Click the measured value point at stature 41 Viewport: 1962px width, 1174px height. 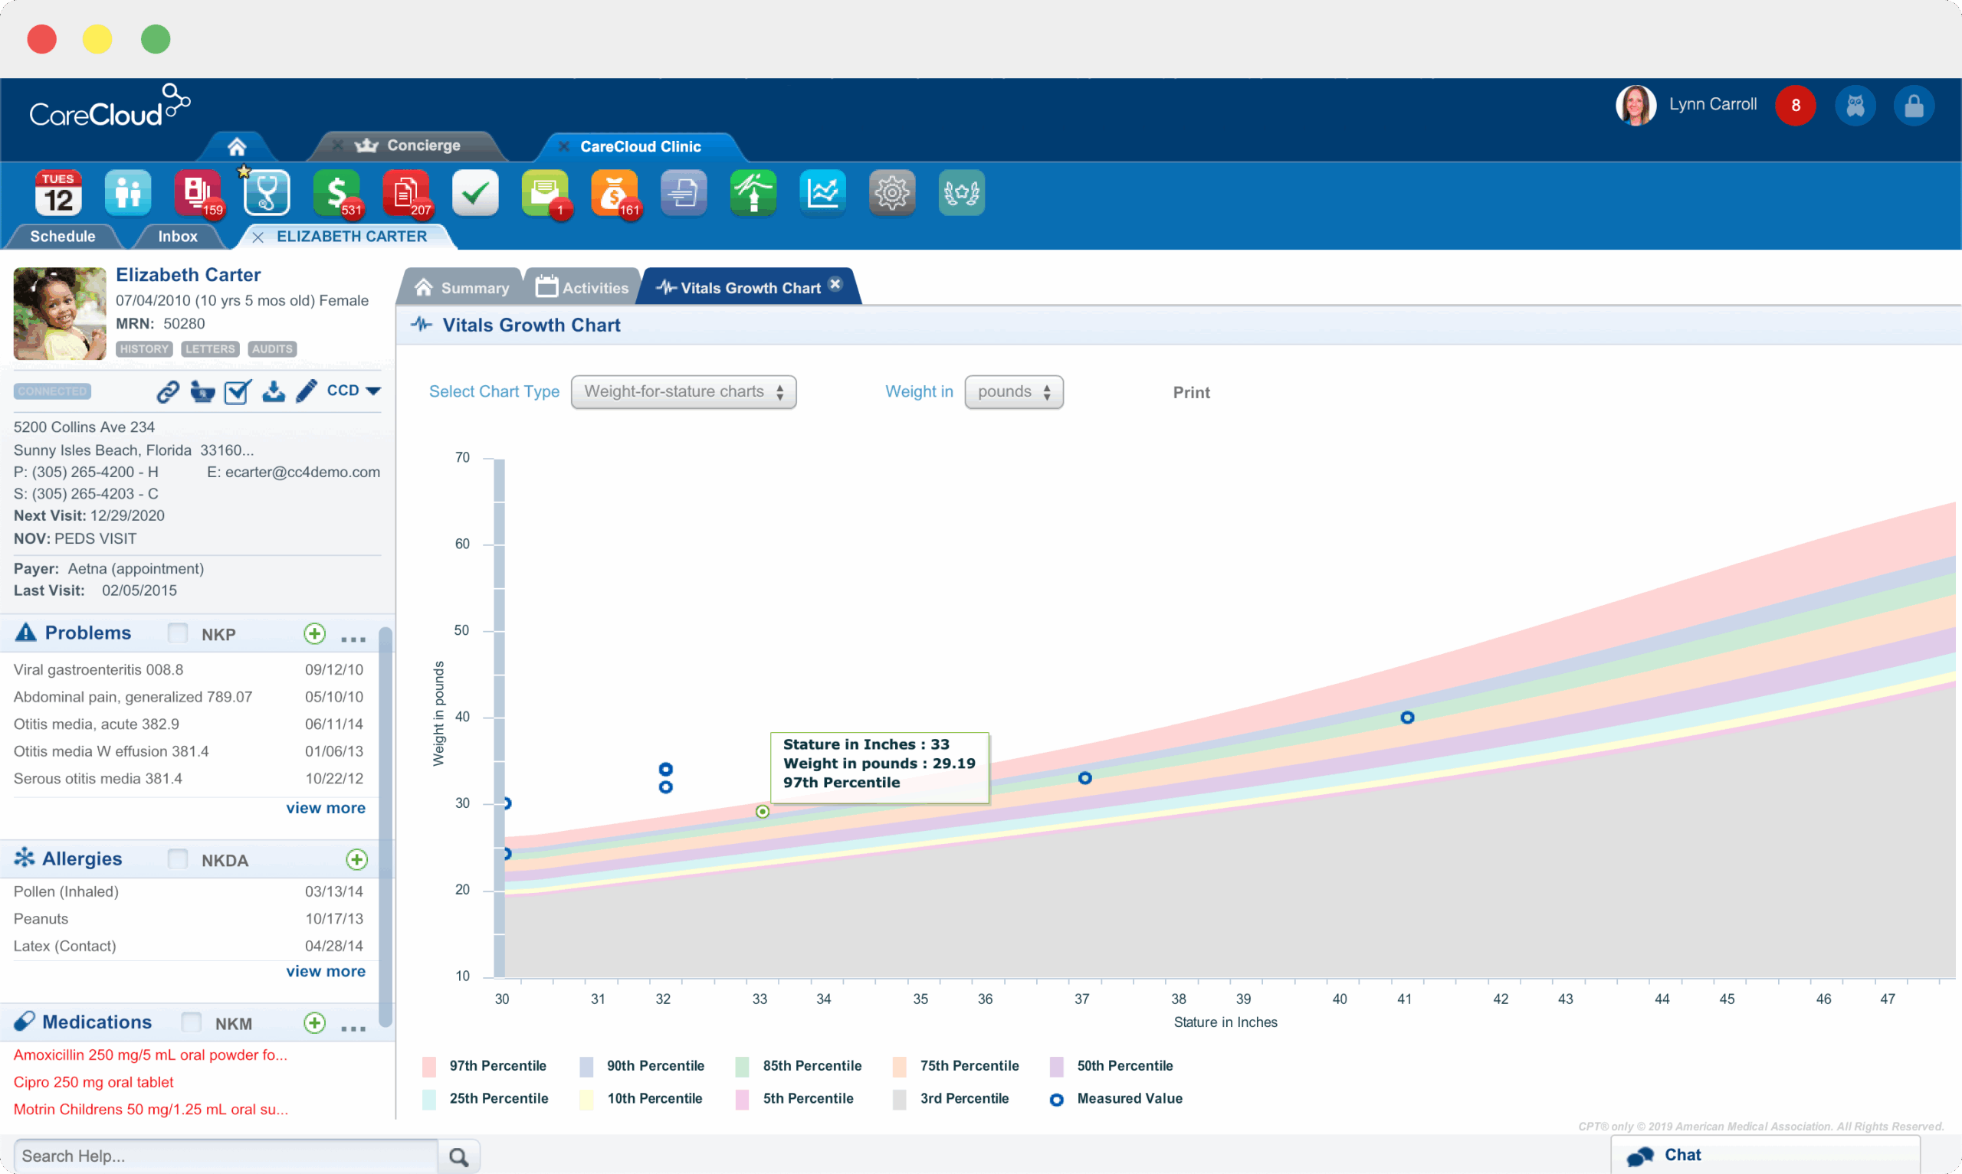click(x=1406, y=718)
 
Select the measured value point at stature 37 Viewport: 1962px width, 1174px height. click(x=1084, y=777)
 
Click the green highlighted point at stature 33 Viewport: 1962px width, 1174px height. click(x=761, y=812)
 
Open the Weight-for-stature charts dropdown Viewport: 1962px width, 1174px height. click(x=683, y=391)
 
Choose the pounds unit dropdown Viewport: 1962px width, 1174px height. click(x=1013, y=391)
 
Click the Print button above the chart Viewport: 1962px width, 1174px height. click(x=1190, y=392)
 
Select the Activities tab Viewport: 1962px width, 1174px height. click(x=582, y=288)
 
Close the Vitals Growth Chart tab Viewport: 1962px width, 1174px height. click(x=835, y=284)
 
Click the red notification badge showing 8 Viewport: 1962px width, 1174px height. click(x=1794, y=105)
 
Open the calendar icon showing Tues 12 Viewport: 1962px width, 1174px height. click(x=58, y=193)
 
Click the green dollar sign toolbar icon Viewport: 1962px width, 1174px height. click(x=336, y=193)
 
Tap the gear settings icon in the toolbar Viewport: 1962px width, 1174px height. click(x=891, y=193)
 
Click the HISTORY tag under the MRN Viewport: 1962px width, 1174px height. click(x=144, y=349)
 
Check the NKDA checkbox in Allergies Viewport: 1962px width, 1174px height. click(x=178, y=859)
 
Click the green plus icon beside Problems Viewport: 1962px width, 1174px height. click(x=314, y=633)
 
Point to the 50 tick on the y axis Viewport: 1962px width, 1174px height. click(x=462, y=630)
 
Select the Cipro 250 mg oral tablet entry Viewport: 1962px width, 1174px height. click(x=94, y=1081)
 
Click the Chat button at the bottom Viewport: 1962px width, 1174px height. click(x=1681, y=1155)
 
